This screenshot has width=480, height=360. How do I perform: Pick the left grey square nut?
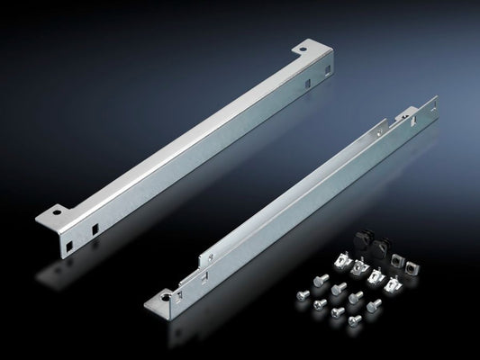397,261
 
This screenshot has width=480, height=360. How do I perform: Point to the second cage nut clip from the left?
359,267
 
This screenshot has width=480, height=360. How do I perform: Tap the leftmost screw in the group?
301,292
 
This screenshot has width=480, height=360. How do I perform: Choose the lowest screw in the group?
354,319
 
